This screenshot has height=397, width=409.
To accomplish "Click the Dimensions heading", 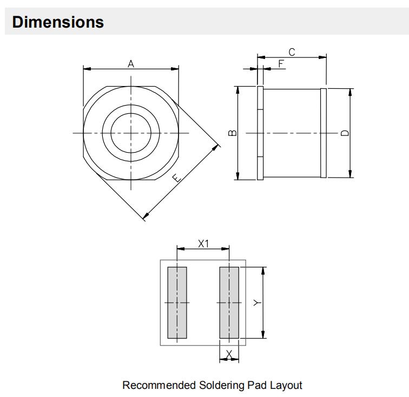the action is click(58, 22).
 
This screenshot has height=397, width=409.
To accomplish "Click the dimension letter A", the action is click(131, 64).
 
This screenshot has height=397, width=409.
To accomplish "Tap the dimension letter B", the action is click(233, 133).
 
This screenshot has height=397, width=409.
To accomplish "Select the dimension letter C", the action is click(292, 52).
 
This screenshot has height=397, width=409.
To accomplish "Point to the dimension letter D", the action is click(345, 133).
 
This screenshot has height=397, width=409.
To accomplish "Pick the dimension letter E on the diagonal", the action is click(177, 178).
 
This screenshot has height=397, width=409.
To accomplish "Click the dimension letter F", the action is click(281, 63).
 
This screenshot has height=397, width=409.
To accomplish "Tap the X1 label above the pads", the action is click(203, 244).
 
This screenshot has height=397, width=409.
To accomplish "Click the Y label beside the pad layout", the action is click(257, 303).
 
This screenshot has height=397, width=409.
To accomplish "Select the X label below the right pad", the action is click(229, 354).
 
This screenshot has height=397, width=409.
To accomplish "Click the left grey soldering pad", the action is click(177, 302).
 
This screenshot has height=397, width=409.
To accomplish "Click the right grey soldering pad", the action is click(229, 302).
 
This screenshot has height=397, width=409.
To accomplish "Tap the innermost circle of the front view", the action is click(131, 113).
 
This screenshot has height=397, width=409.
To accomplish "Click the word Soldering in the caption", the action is click(222, 386).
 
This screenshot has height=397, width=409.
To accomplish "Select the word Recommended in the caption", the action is click(159, 385).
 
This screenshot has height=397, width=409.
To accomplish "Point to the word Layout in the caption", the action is click(286, 386).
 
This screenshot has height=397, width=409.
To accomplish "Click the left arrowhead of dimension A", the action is click(87, 69).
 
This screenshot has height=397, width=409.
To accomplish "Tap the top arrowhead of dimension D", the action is click(350, 93).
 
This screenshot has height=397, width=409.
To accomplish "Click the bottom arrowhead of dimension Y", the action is click(263, 334).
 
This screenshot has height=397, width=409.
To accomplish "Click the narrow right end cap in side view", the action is click(324, 133).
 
